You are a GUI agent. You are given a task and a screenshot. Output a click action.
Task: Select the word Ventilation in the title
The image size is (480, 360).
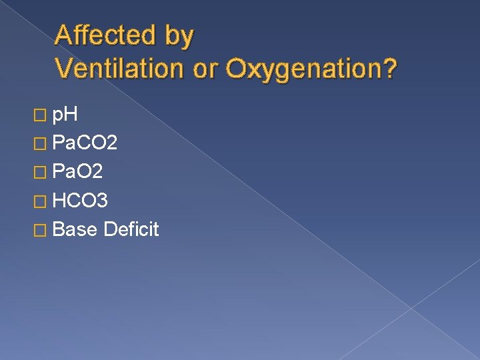(x=119, y=68)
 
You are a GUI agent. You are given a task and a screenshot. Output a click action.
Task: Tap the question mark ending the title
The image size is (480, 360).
(x=389, y=68)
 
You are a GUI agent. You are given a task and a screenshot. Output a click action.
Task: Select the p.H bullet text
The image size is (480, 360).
(x=65, y=116)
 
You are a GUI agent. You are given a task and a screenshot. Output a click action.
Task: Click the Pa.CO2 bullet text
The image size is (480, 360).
(x=85, y=143)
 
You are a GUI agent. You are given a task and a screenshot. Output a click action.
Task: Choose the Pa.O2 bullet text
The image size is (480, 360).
(x=77, y=172)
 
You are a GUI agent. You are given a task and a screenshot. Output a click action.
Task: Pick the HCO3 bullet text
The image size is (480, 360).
(x=80, y=201)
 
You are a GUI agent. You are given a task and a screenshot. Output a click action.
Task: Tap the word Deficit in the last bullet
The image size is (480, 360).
(x=132, y=229)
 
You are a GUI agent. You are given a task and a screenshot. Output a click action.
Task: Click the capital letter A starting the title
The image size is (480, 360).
(x=64, y=35)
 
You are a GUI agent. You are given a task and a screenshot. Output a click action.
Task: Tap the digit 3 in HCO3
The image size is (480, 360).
(x=103, y=201)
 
